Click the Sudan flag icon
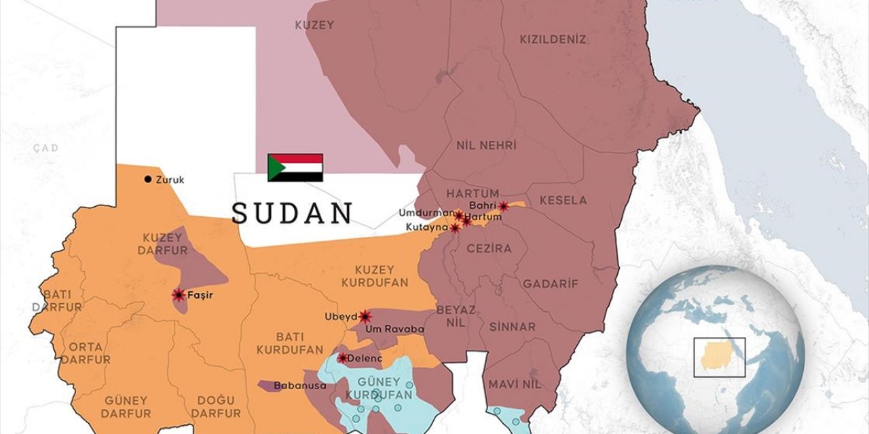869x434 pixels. pos(295,167)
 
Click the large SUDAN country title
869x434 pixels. pos(292,213)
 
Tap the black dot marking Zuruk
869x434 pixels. pos(147,180)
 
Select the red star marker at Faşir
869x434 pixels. pos(179,294)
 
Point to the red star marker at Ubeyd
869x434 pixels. pos(365,316)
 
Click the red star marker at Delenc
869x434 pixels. pos(342,357)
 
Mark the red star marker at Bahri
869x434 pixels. pos(503,206)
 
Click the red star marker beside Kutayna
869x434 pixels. pos(454,229)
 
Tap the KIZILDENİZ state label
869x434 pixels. pos(553,40)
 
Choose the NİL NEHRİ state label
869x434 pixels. pos(486,146)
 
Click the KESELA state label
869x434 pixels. pos(563,201)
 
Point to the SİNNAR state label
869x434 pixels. pos(512,327)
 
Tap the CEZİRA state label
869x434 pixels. pos(489,249)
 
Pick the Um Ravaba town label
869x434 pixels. pos(394,330)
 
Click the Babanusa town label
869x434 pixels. pos(299,386)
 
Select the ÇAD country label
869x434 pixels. pos(46,148)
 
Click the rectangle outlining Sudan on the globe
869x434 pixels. pos(719,357)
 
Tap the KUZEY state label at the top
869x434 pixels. pos(314,25)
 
